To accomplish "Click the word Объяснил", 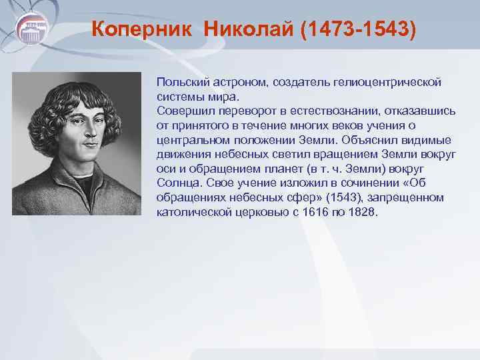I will pyautogui.click(x=369, y=140).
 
